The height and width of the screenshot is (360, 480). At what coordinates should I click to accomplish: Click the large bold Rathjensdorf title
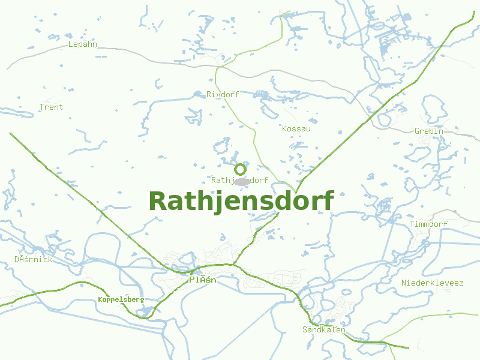[x=241, y=202]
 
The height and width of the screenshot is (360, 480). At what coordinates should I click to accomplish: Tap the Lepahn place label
[x=83, y=44]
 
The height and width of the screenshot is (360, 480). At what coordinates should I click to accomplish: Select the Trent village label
[x=51, y=107]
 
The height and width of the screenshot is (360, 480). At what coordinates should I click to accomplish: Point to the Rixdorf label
[x=223, y=94]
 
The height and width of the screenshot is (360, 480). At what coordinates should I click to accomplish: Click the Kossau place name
[x=296, y=128]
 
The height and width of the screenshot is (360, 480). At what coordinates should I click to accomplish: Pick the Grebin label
[x=429, y=131]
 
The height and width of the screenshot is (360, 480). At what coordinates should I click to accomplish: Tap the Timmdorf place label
[x=429, y=224]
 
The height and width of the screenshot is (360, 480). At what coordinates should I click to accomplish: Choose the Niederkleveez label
[x=432, y=282]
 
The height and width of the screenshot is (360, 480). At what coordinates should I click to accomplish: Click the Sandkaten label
[x=324, y=329]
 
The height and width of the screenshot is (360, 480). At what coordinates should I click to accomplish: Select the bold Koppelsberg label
[x=121, y=299]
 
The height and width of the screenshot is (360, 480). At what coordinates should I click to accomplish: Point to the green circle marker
[x=240, y=169]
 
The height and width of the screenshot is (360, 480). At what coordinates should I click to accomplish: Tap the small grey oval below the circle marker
[x=241, y=181]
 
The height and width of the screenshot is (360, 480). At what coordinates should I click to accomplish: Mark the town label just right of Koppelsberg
[x=202, y=280]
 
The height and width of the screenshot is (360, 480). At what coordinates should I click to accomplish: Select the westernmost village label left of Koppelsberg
[x=34, y=259]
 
